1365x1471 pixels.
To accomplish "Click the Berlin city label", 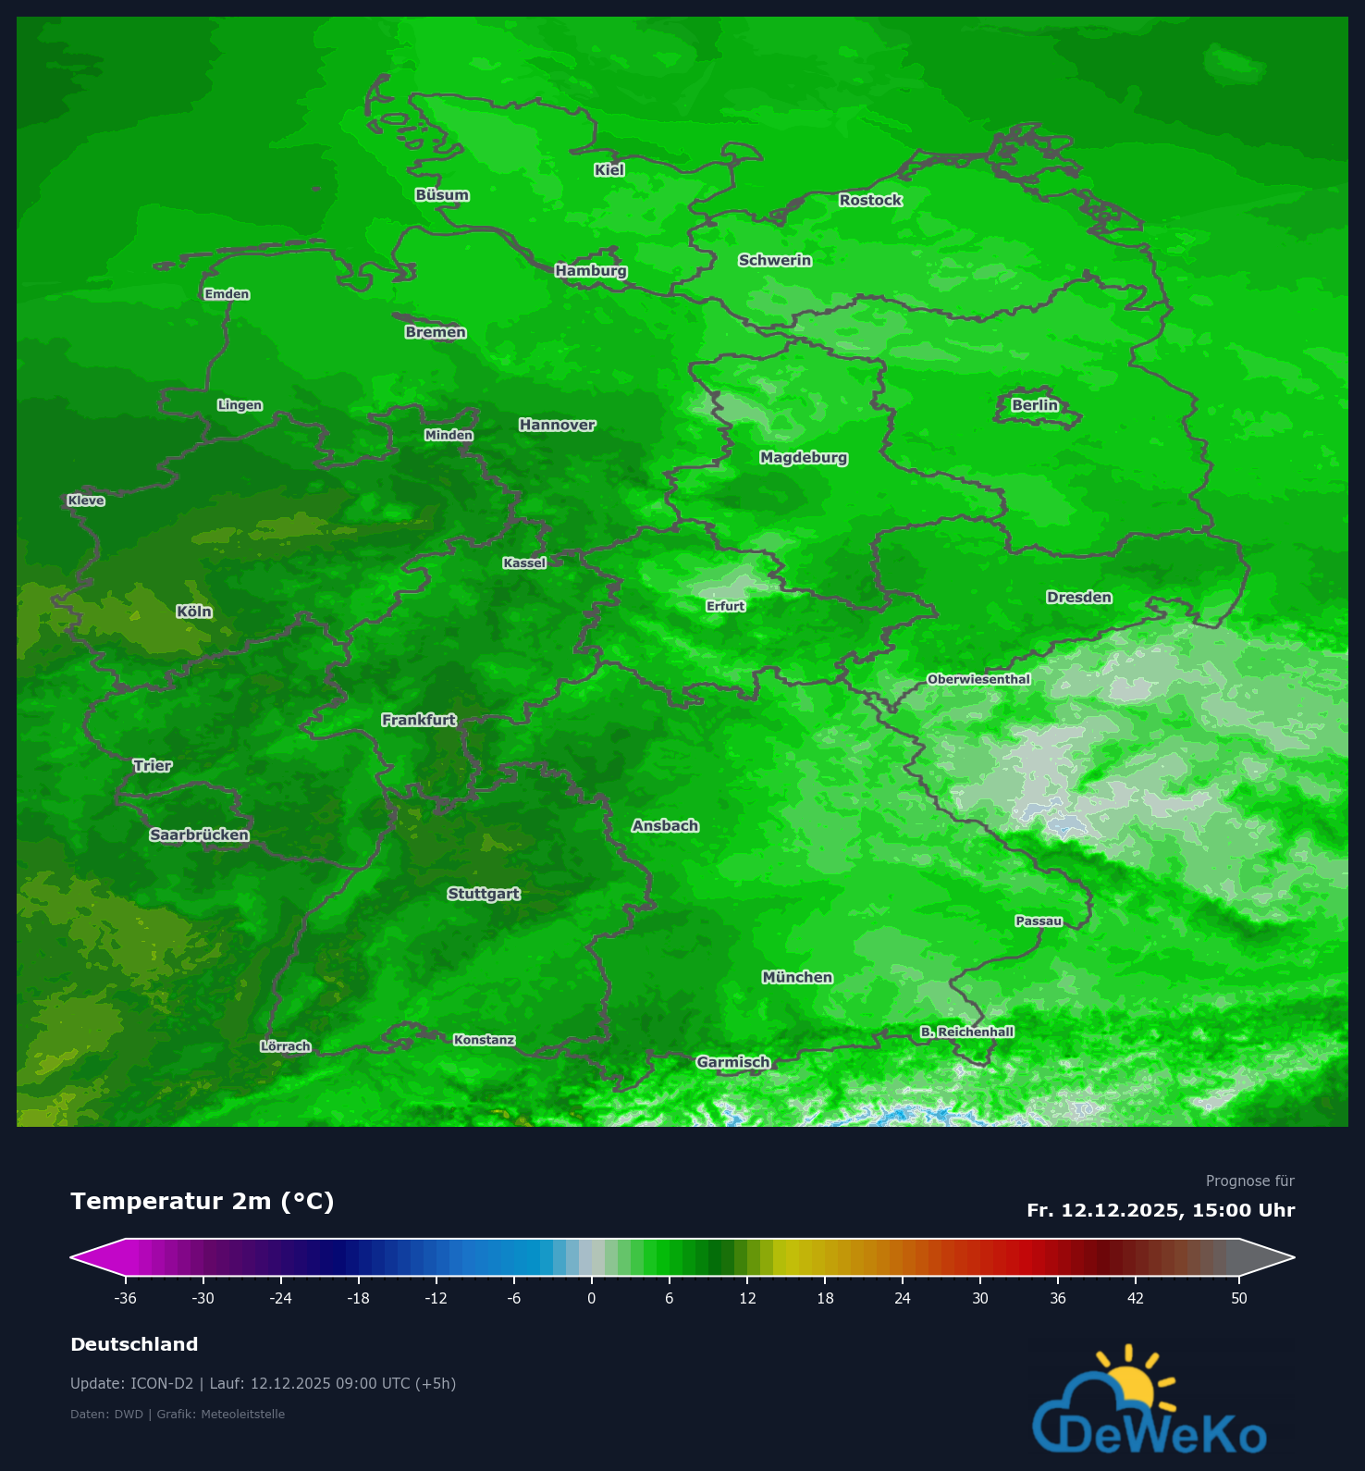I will pyautogui.click(x=1034, y=405).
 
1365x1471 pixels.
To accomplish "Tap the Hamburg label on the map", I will pyautogui.click(x=591, y=270).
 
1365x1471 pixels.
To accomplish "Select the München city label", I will pyautogui.click(x=797, y=977).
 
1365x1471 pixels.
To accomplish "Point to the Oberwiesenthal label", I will pyautogui.click(x=978, y=679).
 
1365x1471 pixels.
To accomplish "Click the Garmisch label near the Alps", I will pyautogui.click(x=733, y=1062).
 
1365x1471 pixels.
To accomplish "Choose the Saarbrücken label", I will pyautogui.click(x=199, y=834).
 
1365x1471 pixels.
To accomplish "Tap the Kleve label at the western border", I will pyautogui.click(x=86, y=501).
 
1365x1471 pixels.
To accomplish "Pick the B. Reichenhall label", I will pyautogui.click(x=967, y=1032).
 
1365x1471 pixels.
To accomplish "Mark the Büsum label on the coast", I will pyautogui.click(x=442, y=195).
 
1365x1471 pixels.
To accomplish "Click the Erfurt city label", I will pyautogui.click(x=725, y=606).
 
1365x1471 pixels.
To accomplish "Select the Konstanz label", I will pyautogui.click(x=484, y=1040).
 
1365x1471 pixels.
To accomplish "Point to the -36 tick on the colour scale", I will pyautogui.click(x=126, y=1298).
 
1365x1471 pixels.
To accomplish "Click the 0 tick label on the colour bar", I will pyautogui.click(x=592, y=1298).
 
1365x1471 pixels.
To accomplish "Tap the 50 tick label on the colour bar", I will pyautogui.click(x=1239, y=1298).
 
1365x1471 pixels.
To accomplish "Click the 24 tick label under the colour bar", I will pyautogui.click(x=903, y=1298).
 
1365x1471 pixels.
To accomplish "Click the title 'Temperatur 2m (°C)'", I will pyautogui.click(x=202, y=1201).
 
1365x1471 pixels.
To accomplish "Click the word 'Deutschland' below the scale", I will pyautogui.click(x=134, y=1344).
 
